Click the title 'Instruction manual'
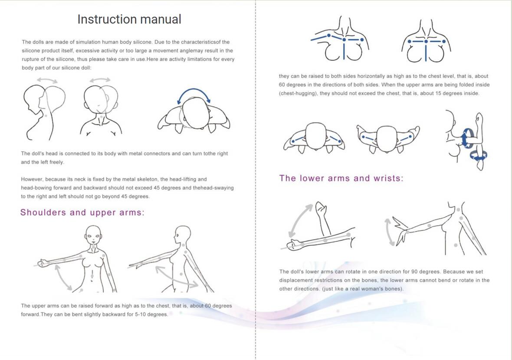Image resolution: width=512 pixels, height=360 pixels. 129,19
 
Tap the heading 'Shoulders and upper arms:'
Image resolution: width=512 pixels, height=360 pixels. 82,213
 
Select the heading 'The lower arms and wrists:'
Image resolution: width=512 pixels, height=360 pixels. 341,178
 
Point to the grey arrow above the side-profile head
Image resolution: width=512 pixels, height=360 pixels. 47,79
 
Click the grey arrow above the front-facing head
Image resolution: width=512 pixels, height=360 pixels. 100,79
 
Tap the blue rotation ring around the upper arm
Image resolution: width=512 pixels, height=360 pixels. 467,138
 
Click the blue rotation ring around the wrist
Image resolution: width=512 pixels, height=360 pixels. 478,156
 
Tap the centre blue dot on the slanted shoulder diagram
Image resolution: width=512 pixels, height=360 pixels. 344,39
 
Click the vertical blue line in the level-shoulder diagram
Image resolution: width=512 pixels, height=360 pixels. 426,51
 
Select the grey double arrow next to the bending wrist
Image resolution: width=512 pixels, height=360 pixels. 389,232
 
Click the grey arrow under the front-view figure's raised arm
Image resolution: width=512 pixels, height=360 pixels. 64,278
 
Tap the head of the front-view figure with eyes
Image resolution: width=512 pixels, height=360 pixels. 93,234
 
